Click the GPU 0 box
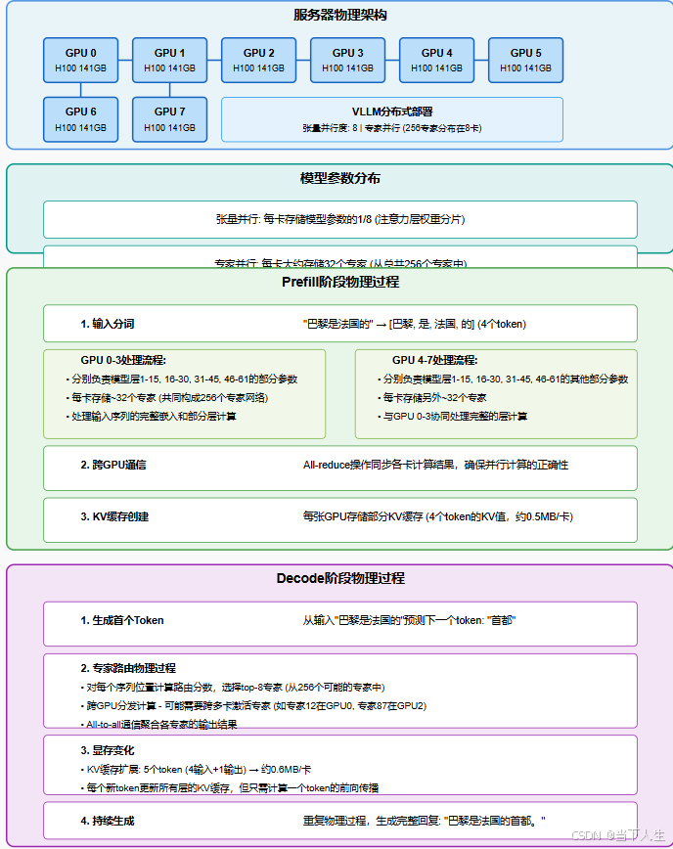pos(80,60)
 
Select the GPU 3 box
pos(347,60)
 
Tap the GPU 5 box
pos(525,60)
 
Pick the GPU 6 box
pos(80,119)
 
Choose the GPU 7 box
pos(169,119)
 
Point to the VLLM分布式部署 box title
pos(392,112)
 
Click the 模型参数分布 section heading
pos(339,179)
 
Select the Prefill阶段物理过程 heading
pos(339,282)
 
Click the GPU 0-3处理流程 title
pos(123,360)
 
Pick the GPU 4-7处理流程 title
pos(434,360)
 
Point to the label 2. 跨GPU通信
pos(113,465)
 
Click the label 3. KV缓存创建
pos(114,515)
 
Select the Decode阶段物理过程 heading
pos(339,578)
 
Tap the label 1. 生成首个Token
pos(122,620)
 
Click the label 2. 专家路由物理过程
pos(128,668)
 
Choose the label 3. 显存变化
pos(108,750)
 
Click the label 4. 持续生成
pos(108,820)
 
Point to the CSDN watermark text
pos(619,835)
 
